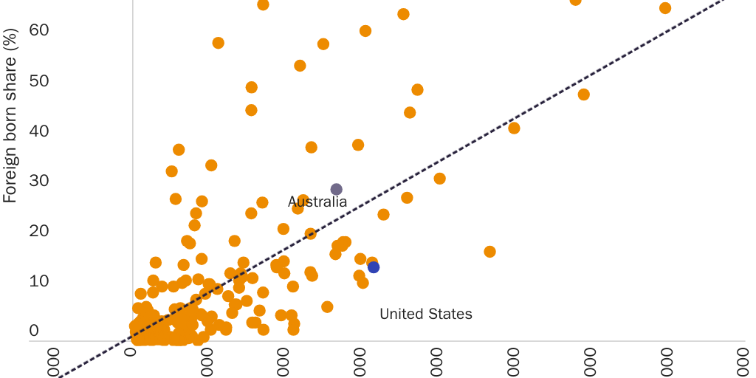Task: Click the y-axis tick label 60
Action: pyautogui.click(x=34, y=30)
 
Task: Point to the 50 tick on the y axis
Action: pyautogui.click(x=34, y=80)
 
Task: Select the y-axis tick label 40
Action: pyautogui.click(x=34, y=131)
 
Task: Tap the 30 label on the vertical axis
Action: pyautogui.click(x=34, y=180)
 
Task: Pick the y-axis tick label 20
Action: pyautogui.click(x=34, y=230)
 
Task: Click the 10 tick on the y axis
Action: pyautogui.click(x=34, y=281)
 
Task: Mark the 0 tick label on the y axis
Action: pyautogui.click(x=34, y=331)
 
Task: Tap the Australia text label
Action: pyautogui.click(x=317, y=202)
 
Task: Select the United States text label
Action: pyautogui.click(x=425, y=315)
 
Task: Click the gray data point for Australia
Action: pyautogui.click(x=337, y=190)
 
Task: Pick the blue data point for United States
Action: pyautogui.click(x=374, y=267)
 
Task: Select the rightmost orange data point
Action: pyautogui.click(x=665, y=8)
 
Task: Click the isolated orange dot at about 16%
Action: pyautogui.click(x=489, y=252)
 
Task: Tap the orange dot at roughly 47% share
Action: pyautogui.click(x=584, y=94)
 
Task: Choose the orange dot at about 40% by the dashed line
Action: pyautogui.click(x=514, y=128)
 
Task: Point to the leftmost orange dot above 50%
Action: pyautogui.click(x=219, y=43)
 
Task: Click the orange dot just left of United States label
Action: pyautogui.click(x=327, y=307)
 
